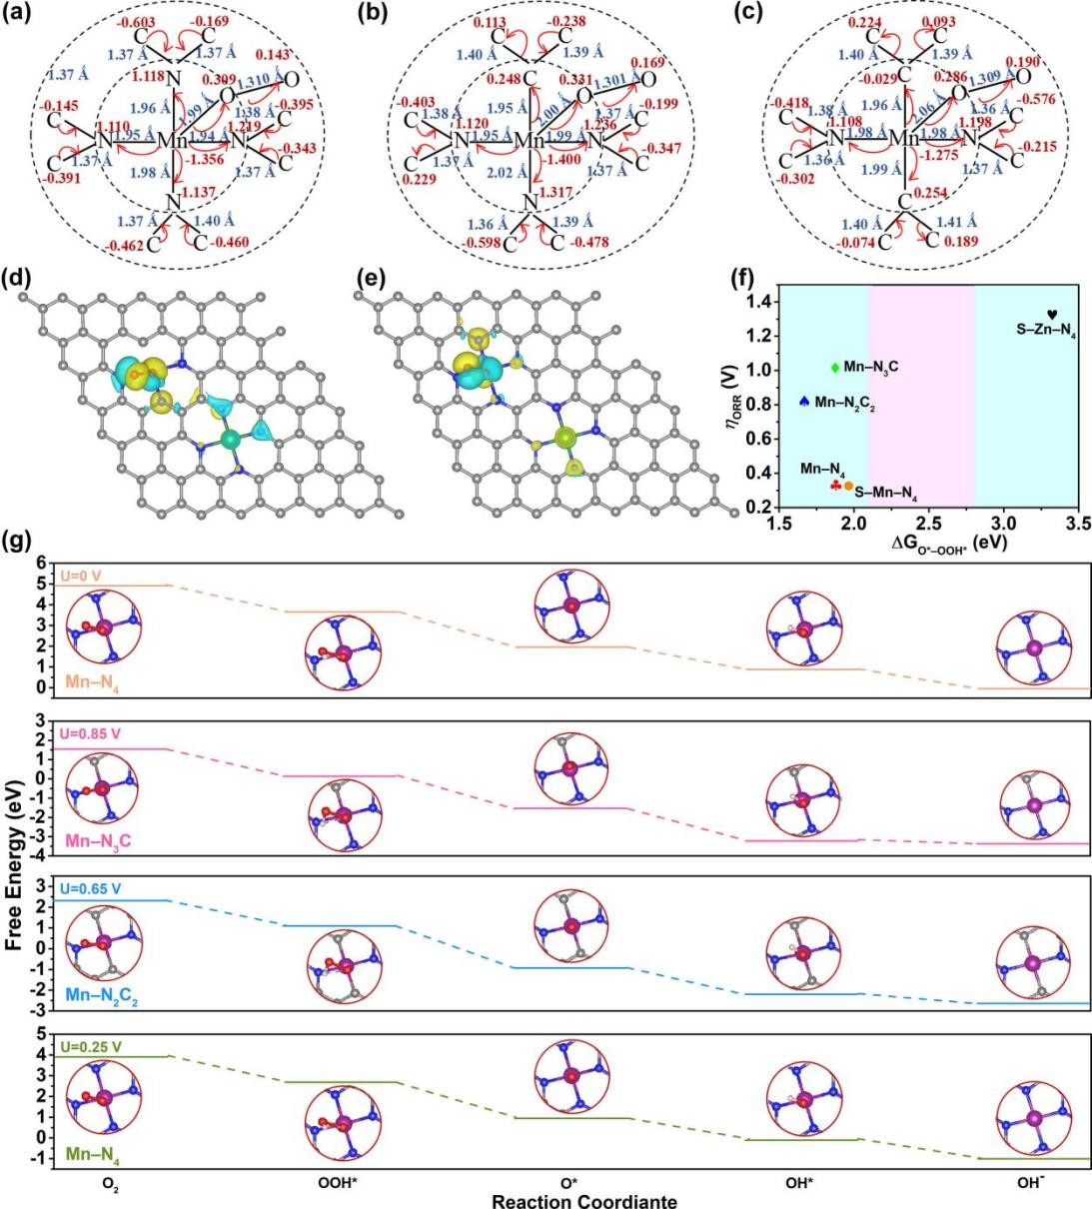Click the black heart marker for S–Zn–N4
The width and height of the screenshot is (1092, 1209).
pyautogui.click(x=1051, y=315)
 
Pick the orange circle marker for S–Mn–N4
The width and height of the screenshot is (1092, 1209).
pyautogui.click(x=848, y=486)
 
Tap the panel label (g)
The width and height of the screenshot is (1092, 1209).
pyautogui.click(x=18, y=545)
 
